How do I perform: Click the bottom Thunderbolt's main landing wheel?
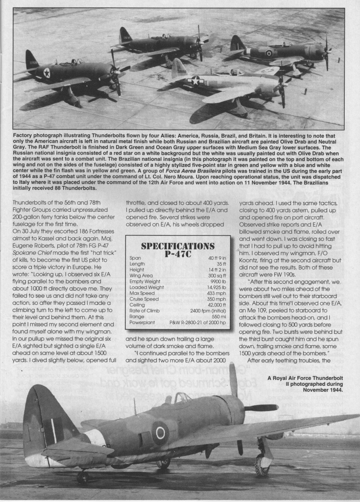[x=262, y=464]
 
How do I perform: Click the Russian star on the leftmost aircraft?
[x=47, y=73]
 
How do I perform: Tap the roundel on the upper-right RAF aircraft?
[x=268, y=52]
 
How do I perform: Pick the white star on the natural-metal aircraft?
[x=196, y=80]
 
